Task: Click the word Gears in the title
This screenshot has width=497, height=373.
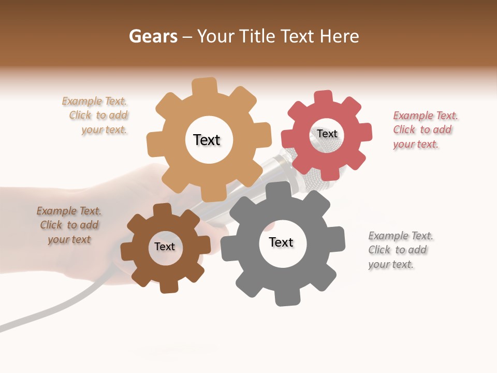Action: click(x=153, y=36)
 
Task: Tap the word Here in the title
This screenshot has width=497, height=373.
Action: click(x=339, y=36)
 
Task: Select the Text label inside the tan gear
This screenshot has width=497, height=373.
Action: click(x=207, y=140)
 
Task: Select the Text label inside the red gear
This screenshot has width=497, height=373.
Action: click(x=327, y=134)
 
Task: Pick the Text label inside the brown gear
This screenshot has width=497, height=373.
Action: click(x=165, y=247)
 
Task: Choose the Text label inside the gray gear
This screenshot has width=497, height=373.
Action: click(x=281, y=242)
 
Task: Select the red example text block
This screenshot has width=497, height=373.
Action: click(x=425, y=130)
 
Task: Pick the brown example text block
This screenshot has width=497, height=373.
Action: click(x=69, y=225)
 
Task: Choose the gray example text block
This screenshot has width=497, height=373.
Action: click(x=400, y=250)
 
